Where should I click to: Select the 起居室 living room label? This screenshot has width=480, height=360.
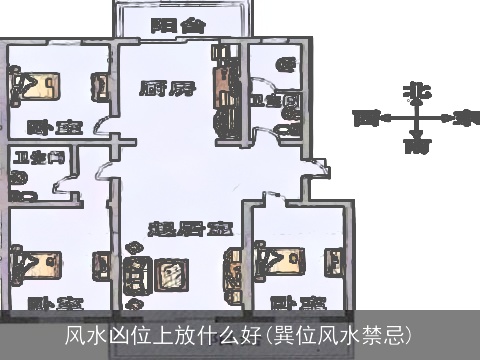point(185,229)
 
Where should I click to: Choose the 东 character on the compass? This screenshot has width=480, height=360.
point(463,119)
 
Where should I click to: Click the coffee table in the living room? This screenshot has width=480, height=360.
point(170,270)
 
